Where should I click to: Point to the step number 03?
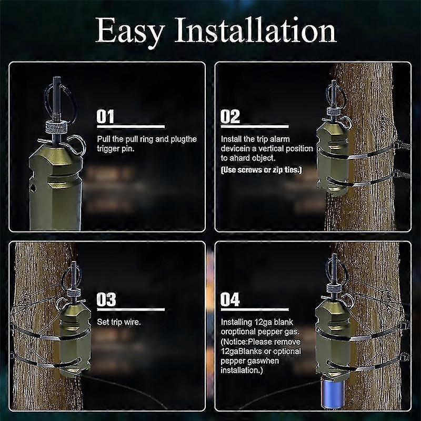[x=106, y=300]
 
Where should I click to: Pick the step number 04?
[x=230, y=300]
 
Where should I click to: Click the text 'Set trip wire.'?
[x=119, y=322]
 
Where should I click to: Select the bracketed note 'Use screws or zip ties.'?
[x=261, y=169]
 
